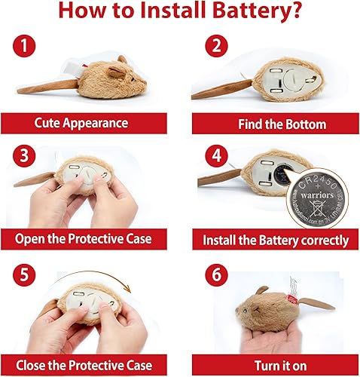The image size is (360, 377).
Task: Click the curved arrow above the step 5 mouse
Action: [105, 284]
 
